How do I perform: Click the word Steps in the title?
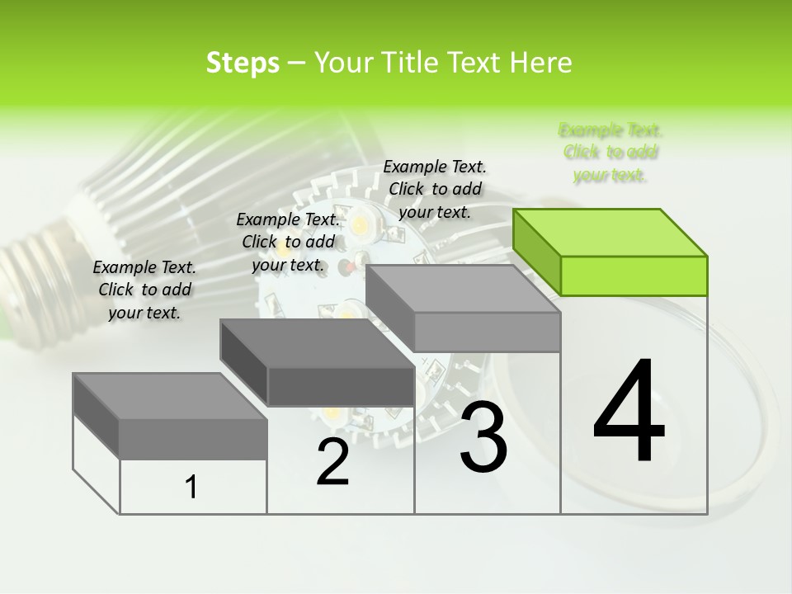tap(243, 63)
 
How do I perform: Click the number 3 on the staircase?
tap(483, 437)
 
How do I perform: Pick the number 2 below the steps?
tap(332, 462)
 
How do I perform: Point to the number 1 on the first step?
tap(191, 488)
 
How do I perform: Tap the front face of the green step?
tap(634, 276)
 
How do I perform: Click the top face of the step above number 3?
tap(462, 289)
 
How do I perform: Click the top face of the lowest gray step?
tap(169, 396)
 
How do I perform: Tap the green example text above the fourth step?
tap(610, 153)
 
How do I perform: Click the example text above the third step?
tap(435, 189)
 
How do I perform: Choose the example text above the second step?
tap(288, 242)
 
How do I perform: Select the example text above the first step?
tap(144, 290)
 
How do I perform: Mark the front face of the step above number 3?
tap(487, 332)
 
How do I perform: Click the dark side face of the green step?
tap(537, 252)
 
